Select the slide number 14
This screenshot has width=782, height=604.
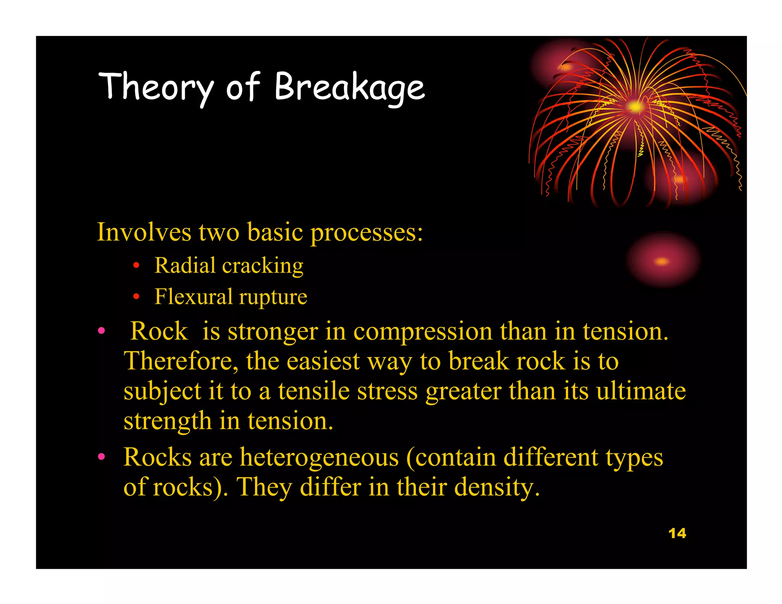[x=677, y=533]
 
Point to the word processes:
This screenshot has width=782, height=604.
[x=367, y=233]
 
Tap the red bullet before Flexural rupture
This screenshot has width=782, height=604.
[x=136, y=297]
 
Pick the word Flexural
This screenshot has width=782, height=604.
[x=193, y=297]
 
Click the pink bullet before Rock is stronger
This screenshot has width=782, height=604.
[x=101, y=331]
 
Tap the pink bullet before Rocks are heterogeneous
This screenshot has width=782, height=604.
[x=101, y=457]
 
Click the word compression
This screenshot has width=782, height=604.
[x=423, y=331]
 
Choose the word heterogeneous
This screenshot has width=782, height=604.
[x=319, y=457]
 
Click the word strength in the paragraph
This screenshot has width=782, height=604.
[x=167, y=421]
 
